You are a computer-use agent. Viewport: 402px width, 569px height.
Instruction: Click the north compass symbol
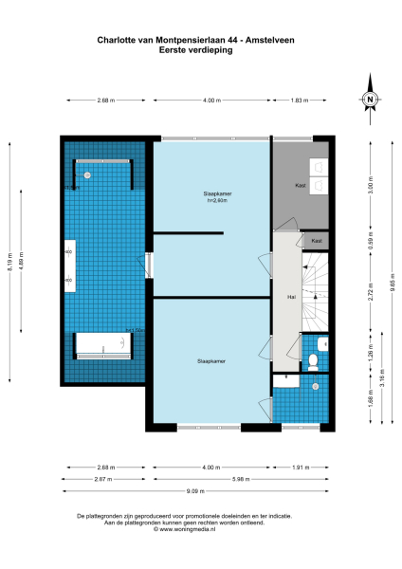371,100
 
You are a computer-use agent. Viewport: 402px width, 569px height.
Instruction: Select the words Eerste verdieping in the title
200,50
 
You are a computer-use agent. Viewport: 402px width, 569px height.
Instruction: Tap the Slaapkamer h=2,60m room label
210,196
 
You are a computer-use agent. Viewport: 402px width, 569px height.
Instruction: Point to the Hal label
282,297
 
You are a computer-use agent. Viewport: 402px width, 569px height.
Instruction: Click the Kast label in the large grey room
300,185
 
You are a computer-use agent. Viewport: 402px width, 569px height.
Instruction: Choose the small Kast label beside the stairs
315,242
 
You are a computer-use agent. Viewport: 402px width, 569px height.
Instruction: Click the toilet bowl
315,359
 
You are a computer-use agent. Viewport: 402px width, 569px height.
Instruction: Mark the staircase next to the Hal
314,294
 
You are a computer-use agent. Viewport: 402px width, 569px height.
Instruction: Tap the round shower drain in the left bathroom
87,174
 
